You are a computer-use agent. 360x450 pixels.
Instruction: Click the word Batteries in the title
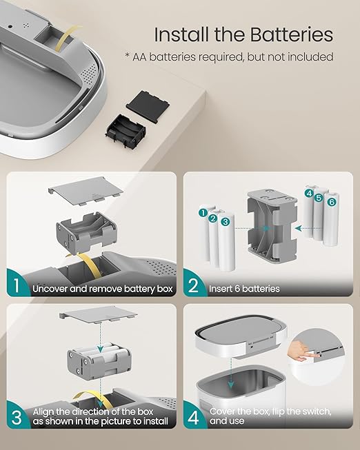(291, 34)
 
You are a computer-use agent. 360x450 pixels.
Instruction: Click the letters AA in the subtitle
(139, 57)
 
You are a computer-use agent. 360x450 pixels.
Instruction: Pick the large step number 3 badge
(17, 417)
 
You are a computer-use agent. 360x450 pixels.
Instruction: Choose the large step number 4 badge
(193, 417)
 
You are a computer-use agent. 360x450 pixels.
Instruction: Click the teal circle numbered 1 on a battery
(203, 213)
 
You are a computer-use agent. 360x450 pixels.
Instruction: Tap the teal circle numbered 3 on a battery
(226, 222)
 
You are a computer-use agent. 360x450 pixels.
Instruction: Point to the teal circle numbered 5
(319, 198)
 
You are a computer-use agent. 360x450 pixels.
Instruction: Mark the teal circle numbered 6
(332, 202)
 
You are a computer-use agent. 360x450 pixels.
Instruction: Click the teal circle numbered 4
(309, 193)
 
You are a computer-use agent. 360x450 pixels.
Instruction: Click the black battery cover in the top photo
(148, 106)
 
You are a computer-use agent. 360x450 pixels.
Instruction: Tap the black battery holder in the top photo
(126, 132)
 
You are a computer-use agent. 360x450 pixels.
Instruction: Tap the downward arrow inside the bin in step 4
(231, 373)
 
